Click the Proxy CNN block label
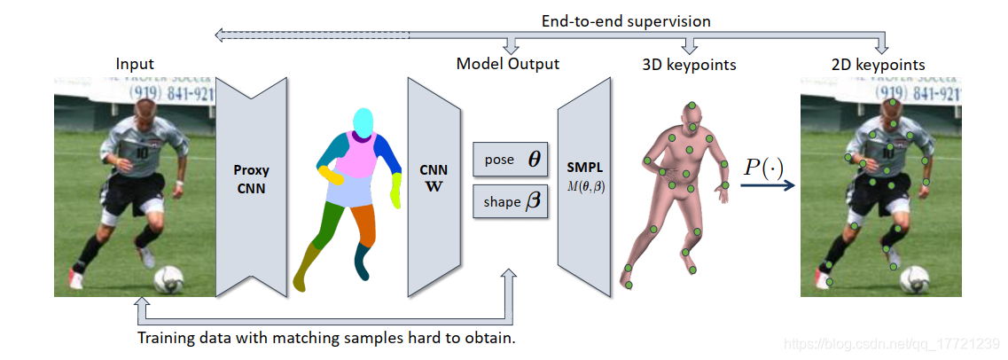pyautogui.click(x=251, y=177)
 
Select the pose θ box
pyautogui.click(x=512, y=160)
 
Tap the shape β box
pyautogui.click(x=512, y=200)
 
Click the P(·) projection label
pyautogui.click(x=762, y=167)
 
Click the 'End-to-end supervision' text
pyautogui.click(x=626, y=20)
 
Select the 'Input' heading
pyautogui.click(x=135, y=64)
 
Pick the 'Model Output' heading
pyautogui.click(x=508, y=64)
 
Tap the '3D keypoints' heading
pyautogui.click(x=689, y=64)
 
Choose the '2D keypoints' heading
pyautogui.click(x=878, y=64)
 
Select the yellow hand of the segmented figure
pyautogui.click(x=396, y=190)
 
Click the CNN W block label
pyautogui.click(x=434, y=177)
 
